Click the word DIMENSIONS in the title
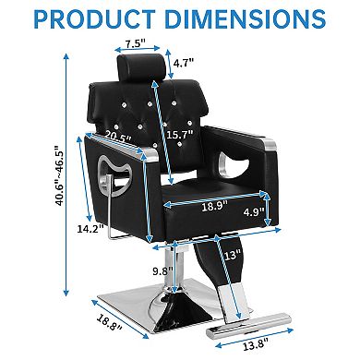pyautogui.click(x=251, y=18)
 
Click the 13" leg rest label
pyautogui.click(x=231, y=255)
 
